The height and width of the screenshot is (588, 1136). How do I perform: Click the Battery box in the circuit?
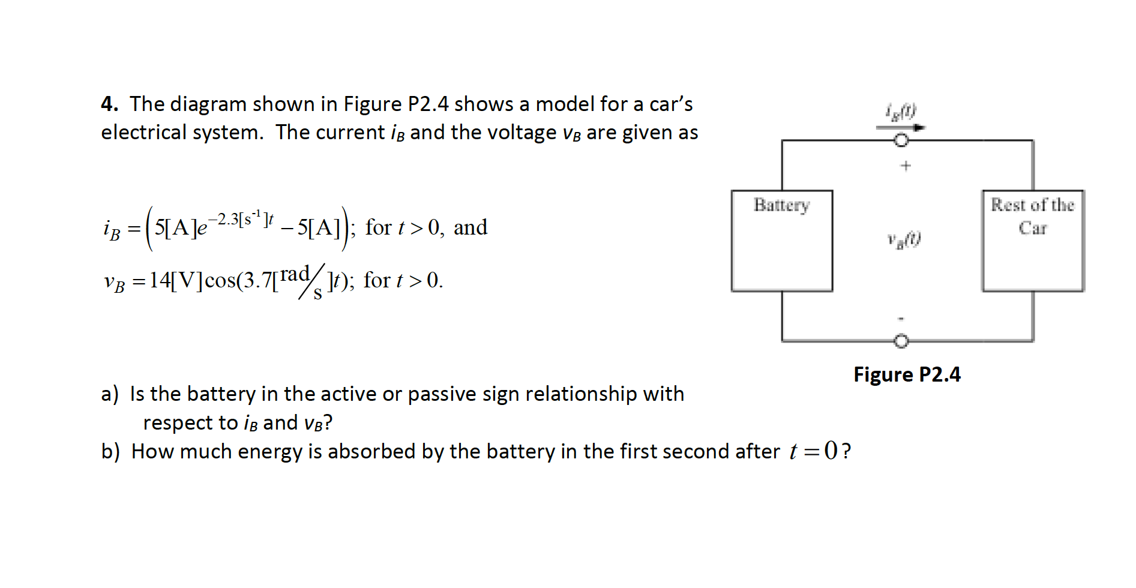coord(781,241)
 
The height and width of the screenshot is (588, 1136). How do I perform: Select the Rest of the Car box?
coord(1032,241)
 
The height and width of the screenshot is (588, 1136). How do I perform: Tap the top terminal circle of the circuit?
coord(901,140)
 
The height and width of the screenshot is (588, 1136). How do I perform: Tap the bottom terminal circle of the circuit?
coord(901,341)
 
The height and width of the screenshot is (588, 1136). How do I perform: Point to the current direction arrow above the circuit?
coord(900,127)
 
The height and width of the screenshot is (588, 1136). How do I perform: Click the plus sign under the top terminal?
coord(906,166)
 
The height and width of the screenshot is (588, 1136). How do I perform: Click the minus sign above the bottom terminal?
coord(901,319)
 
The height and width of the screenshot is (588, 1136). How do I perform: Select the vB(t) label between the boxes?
coord(904,240)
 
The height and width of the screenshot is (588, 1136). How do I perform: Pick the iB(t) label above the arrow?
coord(901,111)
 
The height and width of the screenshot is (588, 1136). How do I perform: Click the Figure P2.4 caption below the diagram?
coord(907,374)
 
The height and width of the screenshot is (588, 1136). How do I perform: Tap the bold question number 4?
coord(109,104)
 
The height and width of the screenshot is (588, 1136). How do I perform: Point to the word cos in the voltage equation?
coord(220,280)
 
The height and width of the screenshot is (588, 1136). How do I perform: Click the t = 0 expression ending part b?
coord(813,451)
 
